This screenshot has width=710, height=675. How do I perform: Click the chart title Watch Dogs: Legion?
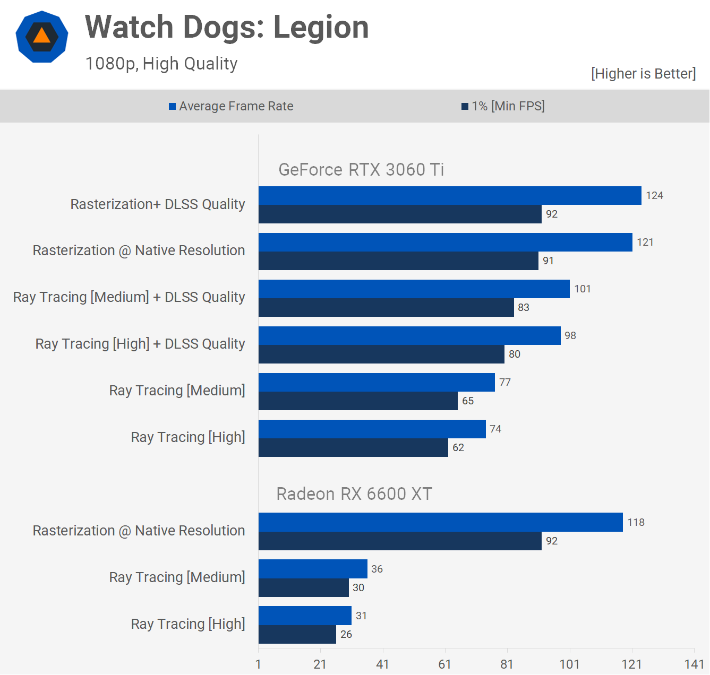pos(227,27)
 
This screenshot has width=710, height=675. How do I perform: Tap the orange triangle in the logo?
pos(41,36)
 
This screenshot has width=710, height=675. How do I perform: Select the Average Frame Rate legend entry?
pos(231,106)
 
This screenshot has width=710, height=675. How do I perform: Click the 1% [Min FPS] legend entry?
pos(503,106)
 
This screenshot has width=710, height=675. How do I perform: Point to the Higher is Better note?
pos(643,73)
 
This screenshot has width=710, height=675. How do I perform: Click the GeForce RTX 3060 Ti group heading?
pos(361,170)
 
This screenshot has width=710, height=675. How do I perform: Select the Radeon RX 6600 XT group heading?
pos(354,494)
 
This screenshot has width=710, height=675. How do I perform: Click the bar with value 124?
pos(450,195)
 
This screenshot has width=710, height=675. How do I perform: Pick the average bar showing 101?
pos(414,289)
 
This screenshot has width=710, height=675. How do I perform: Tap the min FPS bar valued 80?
pos(381,354)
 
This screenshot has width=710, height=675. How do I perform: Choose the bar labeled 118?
pos(441,522)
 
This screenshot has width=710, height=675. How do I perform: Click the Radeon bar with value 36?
pos(313,569)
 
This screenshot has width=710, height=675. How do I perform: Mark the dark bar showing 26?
pos(297,634)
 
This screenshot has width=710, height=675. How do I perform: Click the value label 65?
pos(468,401)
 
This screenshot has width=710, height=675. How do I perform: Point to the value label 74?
pos(495,429)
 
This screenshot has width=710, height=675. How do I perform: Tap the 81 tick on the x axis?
pos(507,664)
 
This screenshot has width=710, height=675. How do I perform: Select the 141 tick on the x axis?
pos(694,664)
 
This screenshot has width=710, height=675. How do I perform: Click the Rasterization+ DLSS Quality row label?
pos(158,204)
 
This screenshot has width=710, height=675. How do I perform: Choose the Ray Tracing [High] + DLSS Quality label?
pos(140,344)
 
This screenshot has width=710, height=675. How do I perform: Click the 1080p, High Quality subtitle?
pos(161,64)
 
